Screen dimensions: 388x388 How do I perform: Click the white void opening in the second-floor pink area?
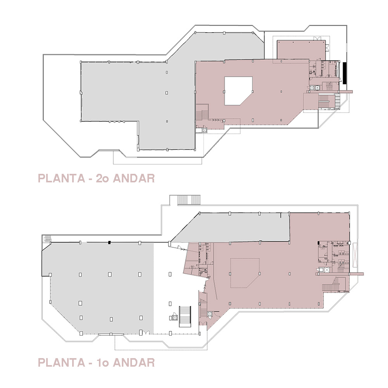tap(237, 90)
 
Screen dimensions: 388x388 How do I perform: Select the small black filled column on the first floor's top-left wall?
tap(109, 242)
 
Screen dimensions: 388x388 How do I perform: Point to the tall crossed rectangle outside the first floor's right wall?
tap(355, 255)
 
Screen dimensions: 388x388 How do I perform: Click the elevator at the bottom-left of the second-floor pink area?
tap(204, 131)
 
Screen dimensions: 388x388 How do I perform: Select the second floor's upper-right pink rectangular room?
tap(301, 50)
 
